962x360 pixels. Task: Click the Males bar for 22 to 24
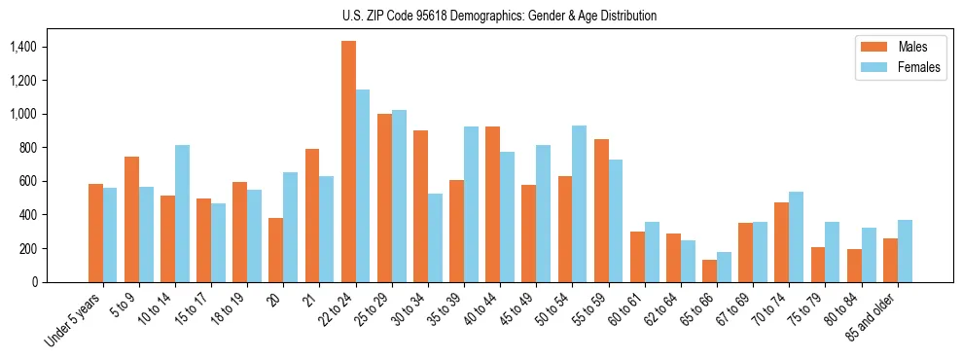(348, 162)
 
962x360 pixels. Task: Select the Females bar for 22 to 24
(363, 186)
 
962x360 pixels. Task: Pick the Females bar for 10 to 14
(183, 213)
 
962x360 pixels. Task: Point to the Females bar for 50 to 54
(580, 203)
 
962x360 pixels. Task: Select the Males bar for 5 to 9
(131, 219)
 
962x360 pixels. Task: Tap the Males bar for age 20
(276, 250)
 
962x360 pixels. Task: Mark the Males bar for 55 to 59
(601, 210)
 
